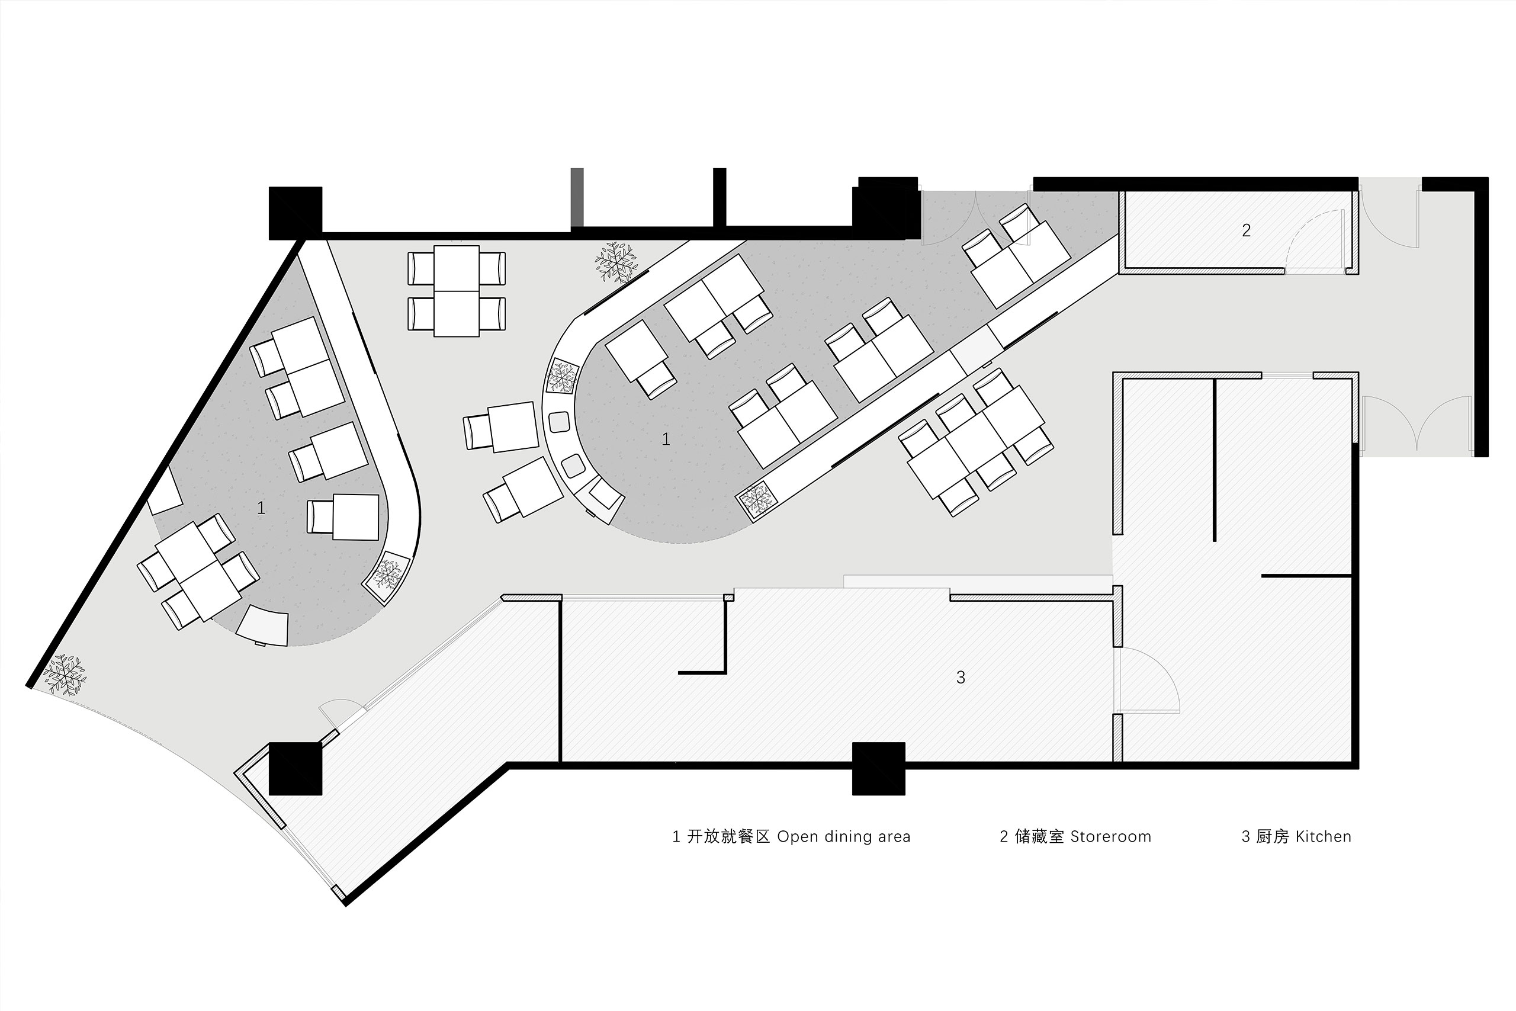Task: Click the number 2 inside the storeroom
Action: tap(1246, 230)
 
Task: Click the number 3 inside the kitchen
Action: tap(961, 677)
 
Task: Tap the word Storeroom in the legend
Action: tap(1110, 837)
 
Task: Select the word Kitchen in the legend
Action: tap(1324, 837)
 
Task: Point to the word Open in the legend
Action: tap(798, 837)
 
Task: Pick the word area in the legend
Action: tap(894, 837)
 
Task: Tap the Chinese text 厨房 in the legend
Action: tap(1273, 837)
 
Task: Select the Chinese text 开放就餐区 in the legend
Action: tap(728, 837)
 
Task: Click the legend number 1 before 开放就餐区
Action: tap(676, 837)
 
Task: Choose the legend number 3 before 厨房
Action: tap(1246, 837)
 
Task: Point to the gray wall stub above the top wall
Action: tap(577, 197)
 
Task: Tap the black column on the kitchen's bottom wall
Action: tap(879, 768)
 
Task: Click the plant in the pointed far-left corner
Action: tap(65, 675)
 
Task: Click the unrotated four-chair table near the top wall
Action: tap(457, 291)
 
